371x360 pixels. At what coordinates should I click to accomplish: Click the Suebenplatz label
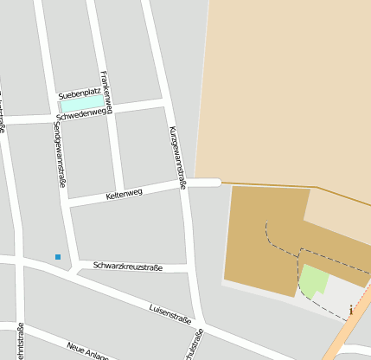click(x=78, y=93)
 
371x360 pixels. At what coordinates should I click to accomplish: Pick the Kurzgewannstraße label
click(x=177, y=157)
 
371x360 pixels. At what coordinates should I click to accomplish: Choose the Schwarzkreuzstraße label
click(x=128, y=267)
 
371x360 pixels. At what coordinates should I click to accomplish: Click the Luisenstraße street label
click(x=170, y=312)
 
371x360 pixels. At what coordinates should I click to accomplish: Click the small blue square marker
click(x=58, y=257)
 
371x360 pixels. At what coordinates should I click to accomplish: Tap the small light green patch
click(x=313, y=280)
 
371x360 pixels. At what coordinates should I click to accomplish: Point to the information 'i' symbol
click(x=351, y=309)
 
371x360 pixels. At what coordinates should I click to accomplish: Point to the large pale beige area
click(x=285, y=87)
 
